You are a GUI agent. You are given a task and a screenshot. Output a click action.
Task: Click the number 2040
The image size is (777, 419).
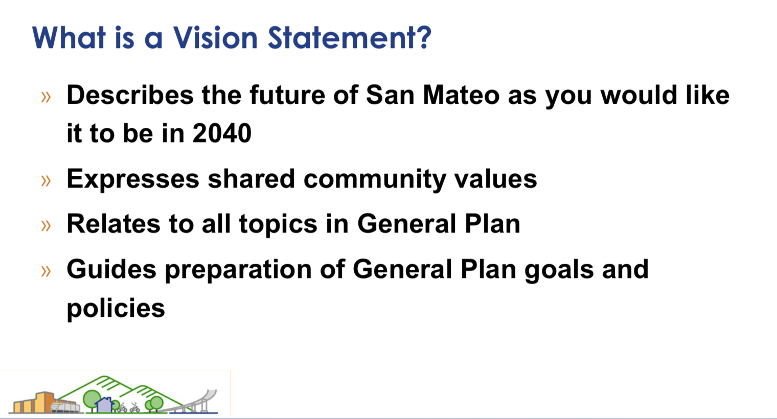point(222,133)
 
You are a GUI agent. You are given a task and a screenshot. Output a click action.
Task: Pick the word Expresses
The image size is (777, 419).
point(133,179)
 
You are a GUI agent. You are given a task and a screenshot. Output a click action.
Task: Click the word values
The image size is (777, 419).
point(496,179)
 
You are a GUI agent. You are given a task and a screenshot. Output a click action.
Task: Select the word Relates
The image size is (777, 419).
point(113,224)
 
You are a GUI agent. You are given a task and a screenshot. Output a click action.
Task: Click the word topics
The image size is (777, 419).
point(278,225)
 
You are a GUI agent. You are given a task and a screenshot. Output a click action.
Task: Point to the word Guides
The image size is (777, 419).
point(111,269)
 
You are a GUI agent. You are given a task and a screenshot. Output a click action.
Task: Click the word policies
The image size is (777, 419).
point(116,308)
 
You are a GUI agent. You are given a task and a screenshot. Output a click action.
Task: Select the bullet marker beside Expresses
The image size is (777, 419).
point(46,181)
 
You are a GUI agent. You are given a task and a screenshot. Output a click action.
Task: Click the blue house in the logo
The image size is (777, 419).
point(104,405)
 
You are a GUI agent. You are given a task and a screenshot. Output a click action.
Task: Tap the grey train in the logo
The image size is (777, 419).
point(65,406)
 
